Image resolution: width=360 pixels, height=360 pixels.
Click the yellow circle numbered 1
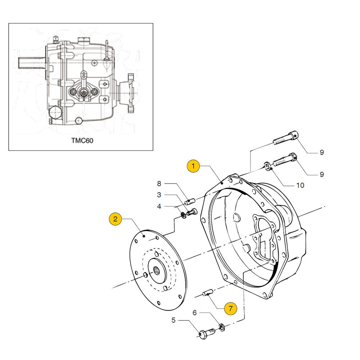(193, 166)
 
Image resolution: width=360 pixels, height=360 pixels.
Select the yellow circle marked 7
(230, 309)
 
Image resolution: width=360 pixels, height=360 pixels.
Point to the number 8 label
(159, 184)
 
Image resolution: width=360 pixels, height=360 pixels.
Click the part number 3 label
(159, 195)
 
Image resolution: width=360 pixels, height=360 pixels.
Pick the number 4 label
(159, 207)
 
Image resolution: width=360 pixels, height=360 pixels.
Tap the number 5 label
(174, 320)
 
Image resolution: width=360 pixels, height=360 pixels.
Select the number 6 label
(195, 313)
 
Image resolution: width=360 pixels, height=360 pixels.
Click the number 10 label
(300, 185)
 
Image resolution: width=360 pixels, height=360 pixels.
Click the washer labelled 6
(222, 327)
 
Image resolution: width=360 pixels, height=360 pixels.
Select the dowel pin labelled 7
(208, 293)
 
